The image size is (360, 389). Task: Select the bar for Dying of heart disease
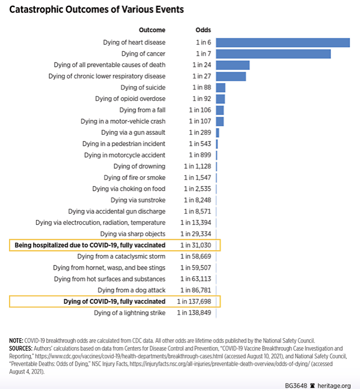click(283, 42)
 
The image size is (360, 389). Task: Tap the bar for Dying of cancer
click(273, 54)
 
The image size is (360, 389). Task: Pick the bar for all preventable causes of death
click(232, 65)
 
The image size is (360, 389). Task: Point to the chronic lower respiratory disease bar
click(231, 76)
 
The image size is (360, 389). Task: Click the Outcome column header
click(152, 30)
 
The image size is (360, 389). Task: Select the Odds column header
click(203, 30)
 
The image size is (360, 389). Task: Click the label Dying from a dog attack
click(132, 290)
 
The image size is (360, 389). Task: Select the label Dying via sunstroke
click(138, 200)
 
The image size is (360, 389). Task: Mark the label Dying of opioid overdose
click(130, 99)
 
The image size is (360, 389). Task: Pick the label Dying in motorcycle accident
click(125, 155)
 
